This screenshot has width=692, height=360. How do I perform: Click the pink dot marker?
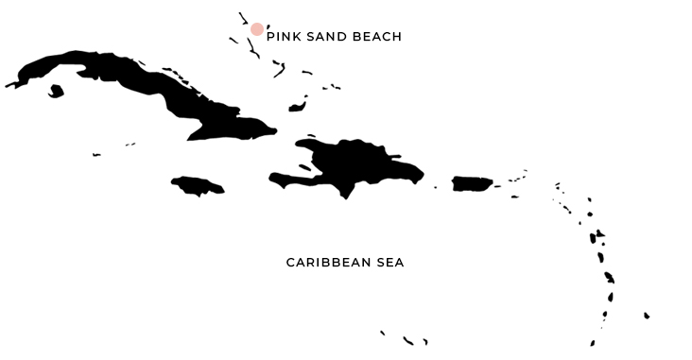click(257, 29)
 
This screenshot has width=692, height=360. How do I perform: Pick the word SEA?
click(389, 263)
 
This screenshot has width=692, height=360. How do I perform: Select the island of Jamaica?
click(198, 185)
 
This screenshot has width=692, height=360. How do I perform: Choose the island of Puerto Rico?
click(472, 183)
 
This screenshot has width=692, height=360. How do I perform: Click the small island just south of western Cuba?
click(56, 92)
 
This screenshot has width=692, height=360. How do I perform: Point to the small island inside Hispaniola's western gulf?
click(304, 167)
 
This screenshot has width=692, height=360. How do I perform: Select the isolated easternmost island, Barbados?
click(647, 316)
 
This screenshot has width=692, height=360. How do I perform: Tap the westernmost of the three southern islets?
click(382, 333)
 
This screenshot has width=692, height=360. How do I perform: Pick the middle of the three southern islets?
click(407, 340)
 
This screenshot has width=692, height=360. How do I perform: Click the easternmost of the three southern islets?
click(425, 341)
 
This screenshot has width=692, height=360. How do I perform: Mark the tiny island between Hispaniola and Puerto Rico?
click(435, 187)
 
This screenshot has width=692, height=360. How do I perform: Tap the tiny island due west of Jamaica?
click(96, 154)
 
